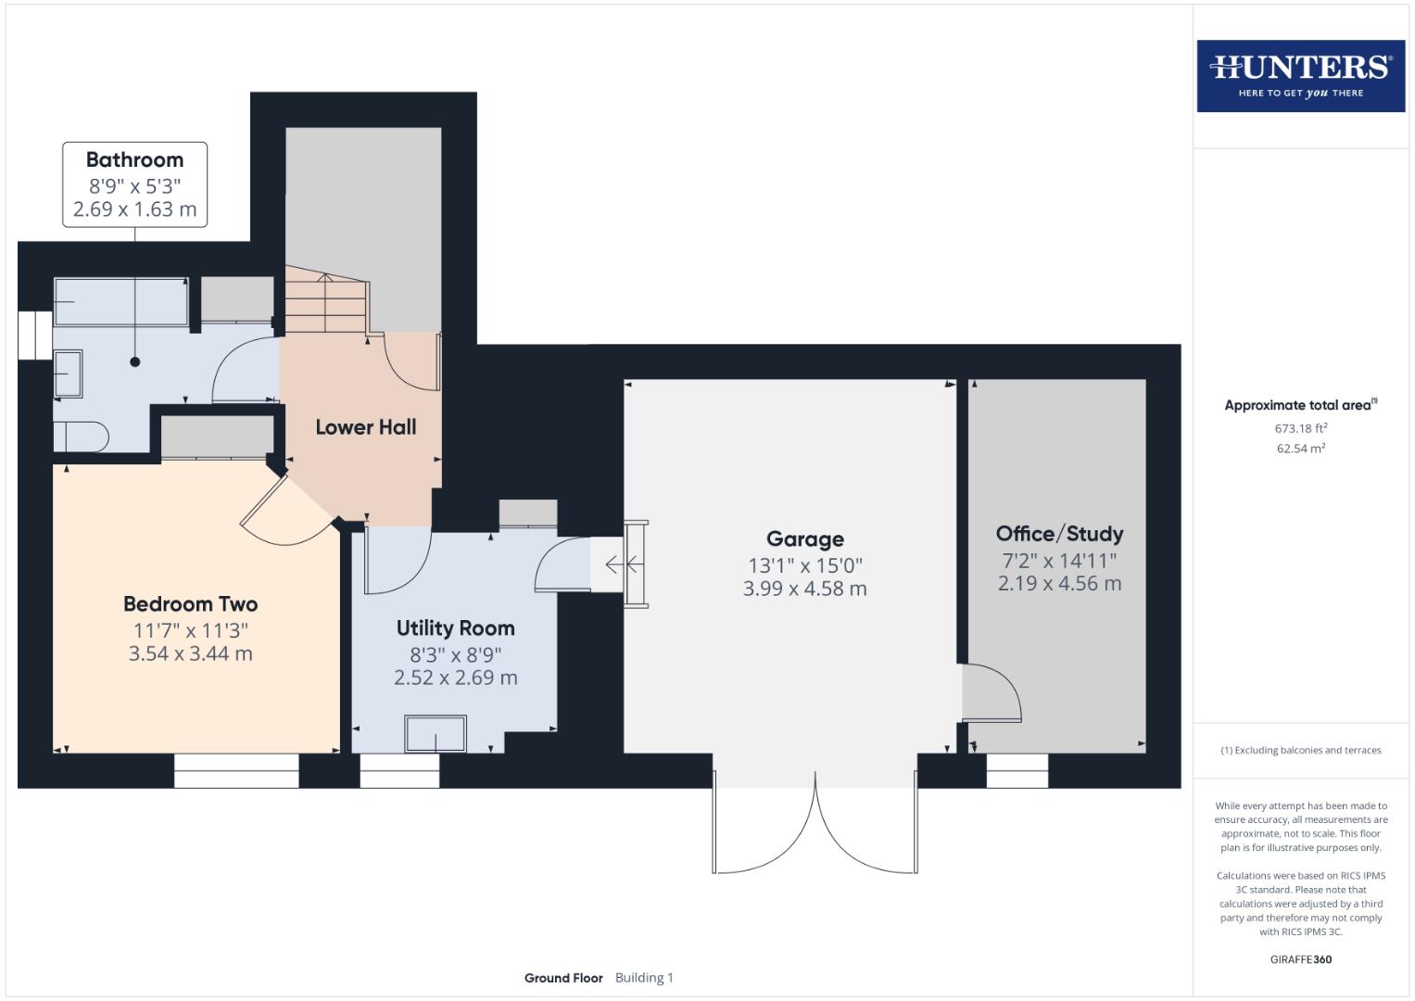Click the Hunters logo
pyautogui.click(x=1300, y=75)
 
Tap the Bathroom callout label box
pyautogui.click(x=135, y=184)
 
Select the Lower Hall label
pyautogui.click(x=365, y=427)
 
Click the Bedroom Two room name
pyautogui.click(x=190, y=604)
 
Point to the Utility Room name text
pyautogui.click(x=455, y=628)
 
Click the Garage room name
pyautogui.click(x=804, y=539)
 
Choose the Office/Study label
pyautogui.click(x=1059, y=534)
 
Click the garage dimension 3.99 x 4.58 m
pyautogui.click(x=804, y=589)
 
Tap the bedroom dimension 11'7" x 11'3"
pyautogui.click(x=190, y=630)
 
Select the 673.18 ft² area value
pyautogui.click(x=1300, y=428)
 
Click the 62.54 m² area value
pyautogui.click(x=1300, y=449)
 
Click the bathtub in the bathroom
pyautogui.click(x=120, y=301)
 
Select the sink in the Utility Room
pyautogui.click(x=436, y=734)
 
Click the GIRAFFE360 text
pyautogui.click(x=1300, y=959)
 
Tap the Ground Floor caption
pyautogui.click(x=563, y=978)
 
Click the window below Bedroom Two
pyautogui.click(x=236, y=770)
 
